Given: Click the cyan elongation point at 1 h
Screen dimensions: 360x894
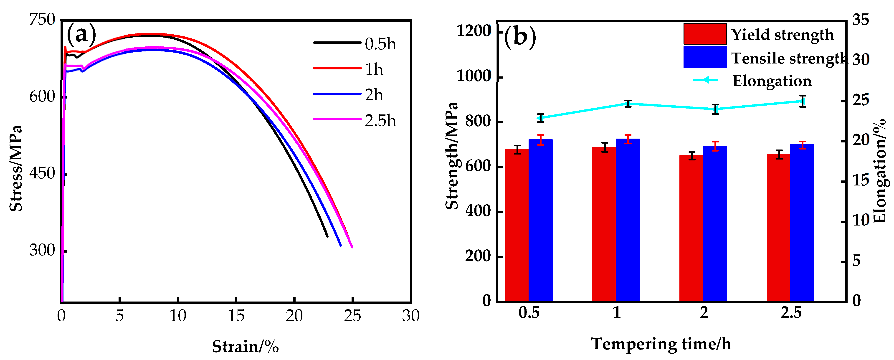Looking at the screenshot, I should point(628,104).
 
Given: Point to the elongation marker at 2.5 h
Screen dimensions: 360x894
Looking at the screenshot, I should point(802,101).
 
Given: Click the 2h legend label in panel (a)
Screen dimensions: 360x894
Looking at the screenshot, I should point(374,95).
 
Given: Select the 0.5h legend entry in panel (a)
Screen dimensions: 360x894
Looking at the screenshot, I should point(380,44).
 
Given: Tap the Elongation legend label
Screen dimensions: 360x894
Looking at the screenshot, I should point(772,81).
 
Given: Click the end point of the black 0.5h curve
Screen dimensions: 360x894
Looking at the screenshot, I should point(327,236).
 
